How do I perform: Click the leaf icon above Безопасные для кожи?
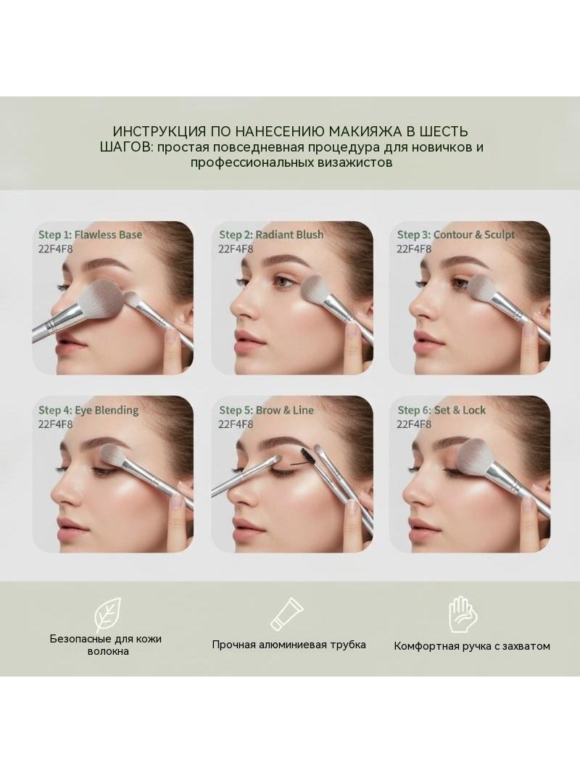[x=108, y=614]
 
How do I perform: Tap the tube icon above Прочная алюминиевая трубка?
[x=287, y=613]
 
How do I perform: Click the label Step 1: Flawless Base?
[x=90, y=235]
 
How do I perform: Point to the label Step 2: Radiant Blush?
[x=271, y=235]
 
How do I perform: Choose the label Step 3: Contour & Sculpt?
[x=456, y=235]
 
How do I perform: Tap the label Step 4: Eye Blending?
[x=88, y=410]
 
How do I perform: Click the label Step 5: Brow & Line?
[x=266, y=410]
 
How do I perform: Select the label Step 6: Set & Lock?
[x=442, y=410]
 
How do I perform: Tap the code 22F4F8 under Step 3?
[x=415, y=249]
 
